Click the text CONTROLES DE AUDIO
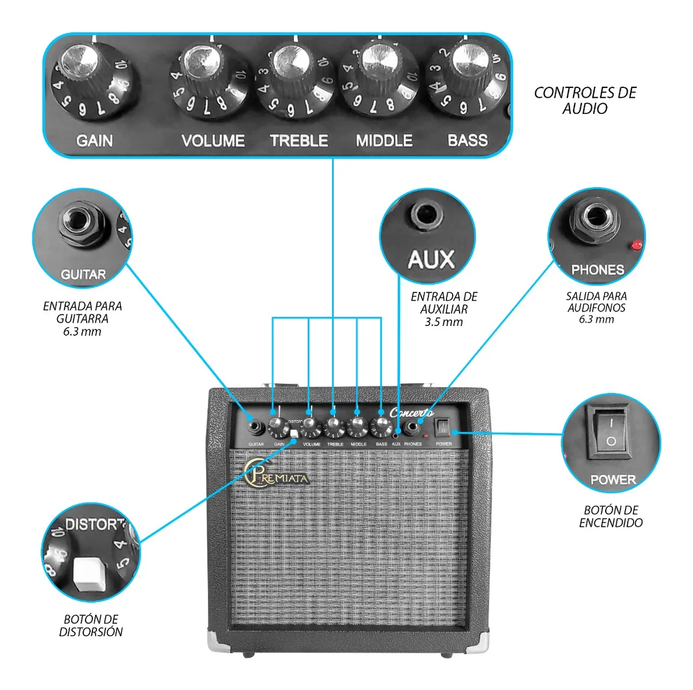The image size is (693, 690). click(584, 101)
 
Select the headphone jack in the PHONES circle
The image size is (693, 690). click(594, 218)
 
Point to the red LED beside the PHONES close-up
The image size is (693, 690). click(637, 245)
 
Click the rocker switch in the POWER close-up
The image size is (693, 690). click(608, 432)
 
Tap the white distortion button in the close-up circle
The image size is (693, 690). click(90, 574)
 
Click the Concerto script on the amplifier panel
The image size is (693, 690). click(411, 413)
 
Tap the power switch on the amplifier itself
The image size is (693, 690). click(442, 427)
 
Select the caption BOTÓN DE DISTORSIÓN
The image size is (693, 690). click(91, 625)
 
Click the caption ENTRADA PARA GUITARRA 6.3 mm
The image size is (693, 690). click(82, 318)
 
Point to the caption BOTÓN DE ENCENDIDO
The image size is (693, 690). click(610, 516)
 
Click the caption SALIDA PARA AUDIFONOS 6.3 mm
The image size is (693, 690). click(596, 307)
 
